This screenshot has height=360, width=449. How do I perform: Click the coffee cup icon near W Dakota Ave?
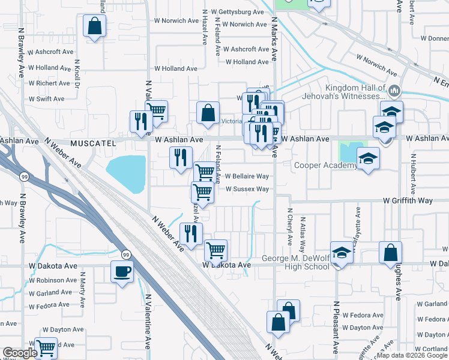tap(122, 271)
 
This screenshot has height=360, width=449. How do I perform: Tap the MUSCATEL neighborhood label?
tap(93, 144)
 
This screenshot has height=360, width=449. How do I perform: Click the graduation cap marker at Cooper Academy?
tap(369, 158)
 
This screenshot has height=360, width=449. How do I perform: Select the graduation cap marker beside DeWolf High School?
tap(342, 253)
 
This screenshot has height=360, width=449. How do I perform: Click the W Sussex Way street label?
tap(247, 189)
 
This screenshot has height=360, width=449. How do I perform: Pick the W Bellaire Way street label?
tap(247, 176)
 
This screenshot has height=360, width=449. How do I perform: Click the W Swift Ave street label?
tap(46, 99)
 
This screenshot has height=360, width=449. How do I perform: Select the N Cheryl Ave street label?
tap(289, 226)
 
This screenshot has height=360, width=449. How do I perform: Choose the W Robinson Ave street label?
tap(54, 280)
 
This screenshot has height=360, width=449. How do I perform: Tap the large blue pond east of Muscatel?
tap(127, 173)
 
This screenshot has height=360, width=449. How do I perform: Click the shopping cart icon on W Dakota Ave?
tap(215, 250)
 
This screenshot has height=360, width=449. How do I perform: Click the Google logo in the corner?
tap(19, 353)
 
